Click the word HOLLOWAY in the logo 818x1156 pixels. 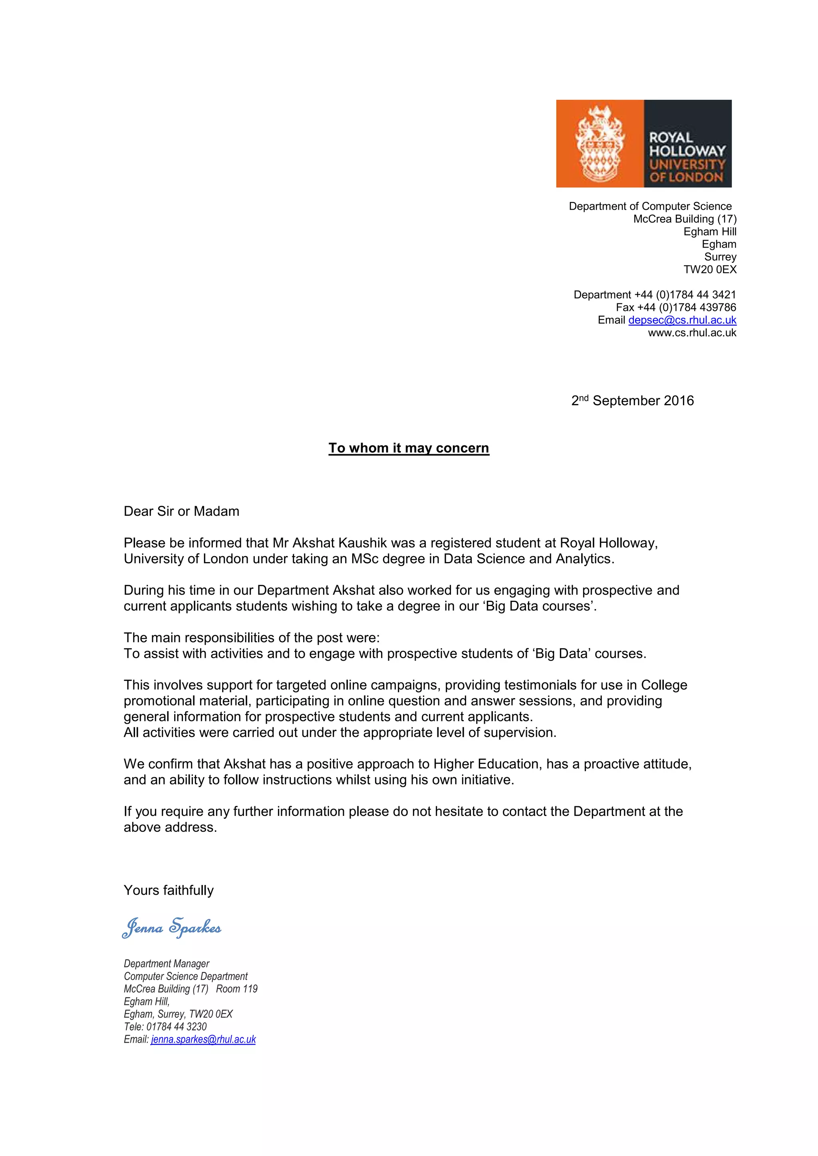[x=687, y=150]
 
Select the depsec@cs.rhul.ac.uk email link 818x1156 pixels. [x=682, y=320]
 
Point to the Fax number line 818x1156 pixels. [x=675, y=307]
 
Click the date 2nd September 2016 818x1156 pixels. [x=632, y=401]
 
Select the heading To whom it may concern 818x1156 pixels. [x=409, y=448]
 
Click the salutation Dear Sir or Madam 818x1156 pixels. [x=181, y=512]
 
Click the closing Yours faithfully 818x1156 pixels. [x=169, y=891]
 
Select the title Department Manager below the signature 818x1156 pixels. [x=167, y=964]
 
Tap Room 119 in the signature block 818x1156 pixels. [x=237, y=989]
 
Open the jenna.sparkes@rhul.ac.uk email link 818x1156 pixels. [x=203, y=1039]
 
